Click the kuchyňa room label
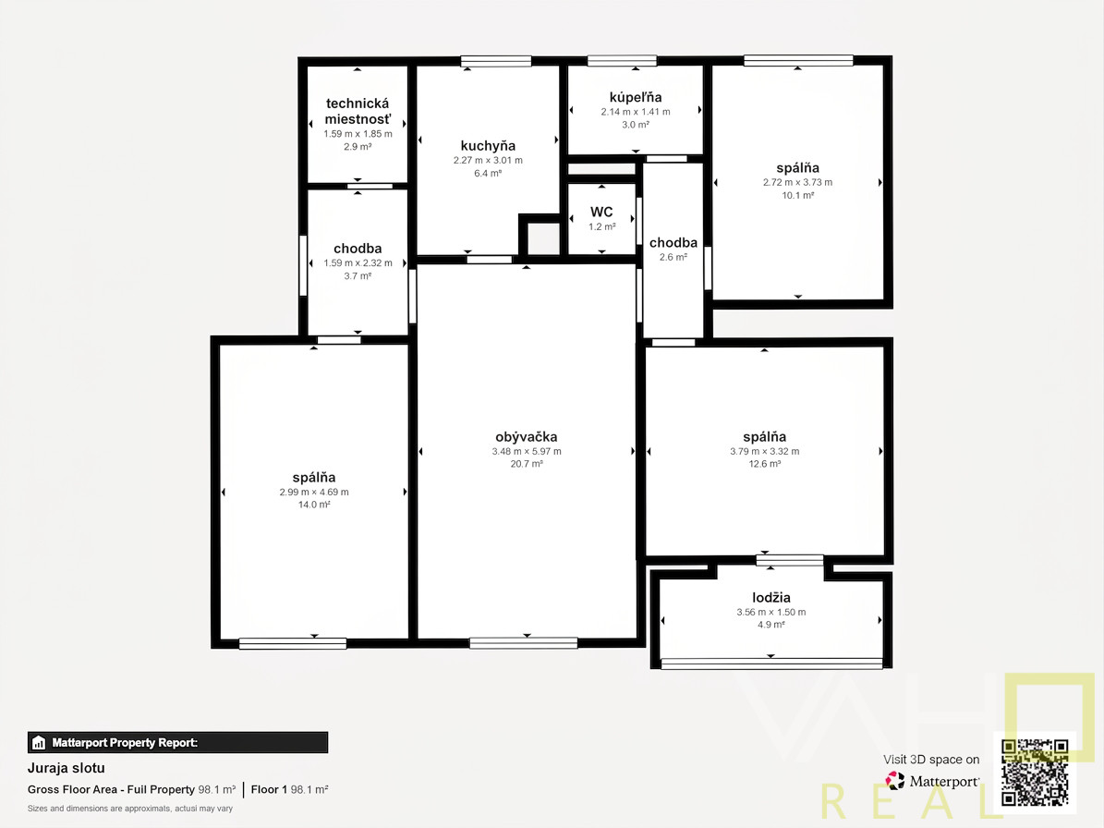click(488, 146)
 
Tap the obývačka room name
click(526, 436)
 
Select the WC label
click(601, 212)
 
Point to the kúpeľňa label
click(636, 97)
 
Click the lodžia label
click(771, 598)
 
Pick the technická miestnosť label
click(358, 111)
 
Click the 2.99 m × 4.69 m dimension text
click(314, 493)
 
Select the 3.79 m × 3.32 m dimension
click(765, 451)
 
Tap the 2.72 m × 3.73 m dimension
click(797, 182)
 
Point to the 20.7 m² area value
click(527, 464)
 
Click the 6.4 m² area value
click(488, 173)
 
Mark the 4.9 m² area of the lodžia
click(771, 625)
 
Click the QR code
click(1035, 773)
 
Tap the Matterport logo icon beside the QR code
click(895, 781)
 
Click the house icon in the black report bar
click(39, 743)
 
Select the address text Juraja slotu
click(67, 768)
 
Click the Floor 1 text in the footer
click(269, 789)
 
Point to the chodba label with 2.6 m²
click(673, 242)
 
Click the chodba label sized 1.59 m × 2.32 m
click(358, 248)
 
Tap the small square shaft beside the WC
click(543, 238)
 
